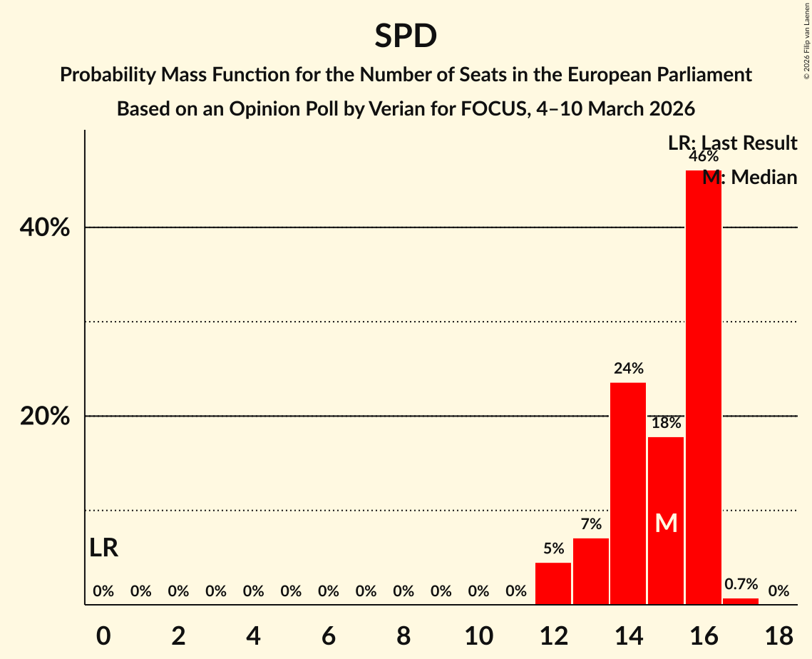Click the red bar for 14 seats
[x=628, y=494]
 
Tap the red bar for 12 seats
[x=553, y=583]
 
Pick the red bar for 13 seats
[x=591, y=571]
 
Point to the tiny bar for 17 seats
[x=741, y=601]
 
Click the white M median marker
[x=666, y=523]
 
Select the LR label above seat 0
[x=104, y=548]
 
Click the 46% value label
[x=703, y=157]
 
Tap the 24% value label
[x=628, y=369]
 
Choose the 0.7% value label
[x=741, y=585]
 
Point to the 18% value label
[x=666, y=423]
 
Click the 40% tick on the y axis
[x=45, y=228]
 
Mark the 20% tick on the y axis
[x=45, y=417]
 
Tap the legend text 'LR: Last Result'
[x=732, y=143]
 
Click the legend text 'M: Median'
[x=749, y=178]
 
